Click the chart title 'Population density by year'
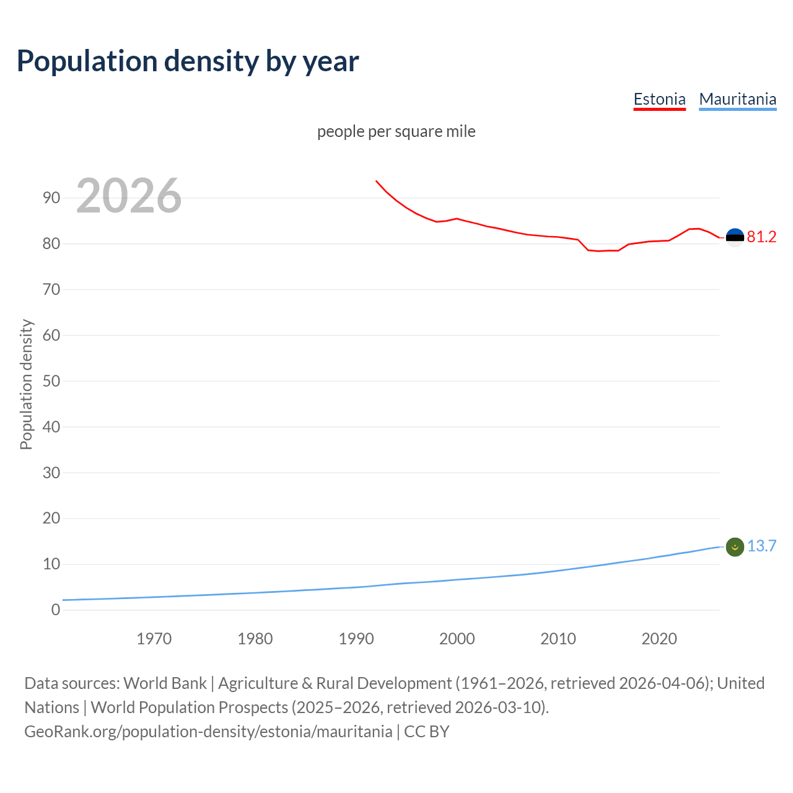(188, 61)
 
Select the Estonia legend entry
(659, 99)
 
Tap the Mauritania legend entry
(737, 99)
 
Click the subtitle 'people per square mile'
(396, 131)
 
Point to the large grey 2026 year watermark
(129, 196)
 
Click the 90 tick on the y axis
(51, 198)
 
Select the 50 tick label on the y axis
(51, 381)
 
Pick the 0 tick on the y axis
(56, 610)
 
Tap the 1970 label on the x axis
(154, 639)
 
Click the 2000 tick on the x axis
(457, 639)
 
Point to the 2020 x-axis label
(659, 639)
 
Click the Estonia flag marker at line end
(735, 237)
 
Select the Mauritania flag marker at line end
(735, 547)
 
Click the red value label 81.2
(761, 237)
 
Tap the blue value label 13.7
(761, 546)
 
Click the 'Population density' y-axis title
(26, 384)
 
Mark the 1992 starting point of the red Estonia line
(376, 181)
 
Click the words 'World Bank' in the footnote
(165, 683)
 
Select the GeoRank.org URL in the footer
(208, 732)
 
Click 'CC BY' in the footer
(426, 732)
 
